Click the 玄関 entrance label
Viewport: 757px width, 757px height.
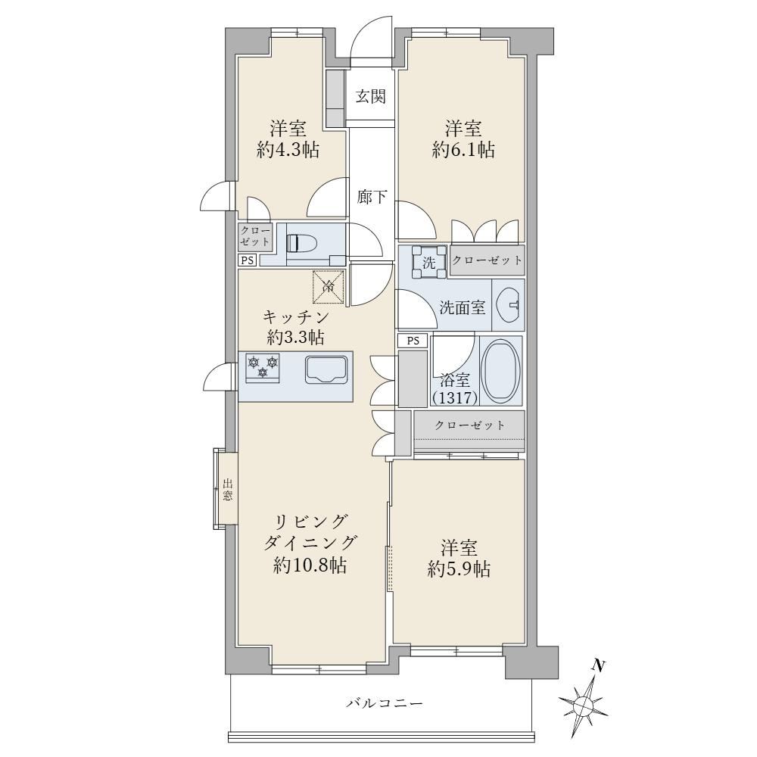pyautogui.click(x=371, y=97)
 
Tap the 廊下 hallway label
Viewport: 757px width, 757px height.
pyautogui.click(x=372, y=197)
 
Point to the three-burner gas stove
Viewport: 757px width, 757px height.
pyautogui.click(x=263, y=367)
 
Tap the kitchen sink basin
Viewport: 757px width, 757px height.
pyautogui.click(x=326, y=370)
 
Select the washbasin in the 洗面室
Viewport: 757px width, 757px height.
pyautogui.click(x=509, y=305)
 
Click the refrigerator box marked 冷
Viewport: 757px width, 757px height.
pyautogui.click(x=329, y=287)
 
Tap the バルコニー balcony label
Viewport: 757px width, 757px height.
pyautogui.click(x=385, y=703)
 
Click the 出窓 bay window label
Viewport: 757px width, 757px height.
pyautogui.click(x=228, y=489)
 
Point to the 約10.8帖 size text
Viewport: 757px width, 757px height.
pyautogui.click(x=310, y=565)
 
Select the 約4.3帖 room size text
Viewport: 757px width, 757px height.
pyautogui.click(x=288, y=150)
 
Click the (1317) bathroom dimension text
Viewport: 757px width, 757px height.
pyautogui.click(x=455, y=398)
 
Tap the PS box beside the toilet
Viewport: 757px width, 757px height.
pyautogui.click(x=248, y=260)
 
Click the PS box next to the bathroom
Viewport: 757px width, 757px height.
pyautogui.click(x=413, y=341)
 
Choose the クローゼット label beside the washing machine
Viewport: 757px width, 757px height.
pyautogui.click(x=487, y=260)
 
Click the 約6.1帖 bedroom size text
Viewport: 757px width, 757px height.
pyautogui.click(x=463, y=150)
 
